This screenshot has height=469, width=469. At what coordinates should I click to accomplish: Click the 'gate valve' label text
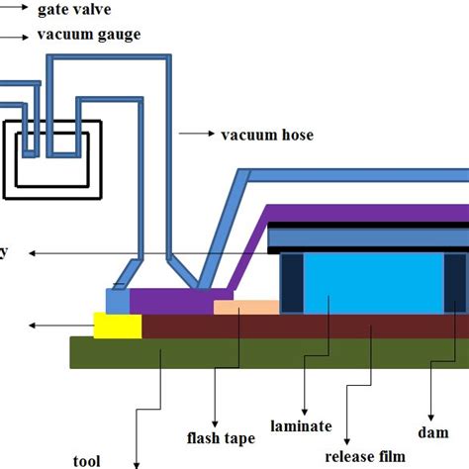point(73,11)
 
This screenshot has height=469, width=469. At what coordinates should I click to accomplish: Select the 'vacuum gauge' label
point(88,36)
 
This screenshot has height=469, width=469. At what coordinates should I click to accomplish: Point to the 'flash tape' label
point(220,436)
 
